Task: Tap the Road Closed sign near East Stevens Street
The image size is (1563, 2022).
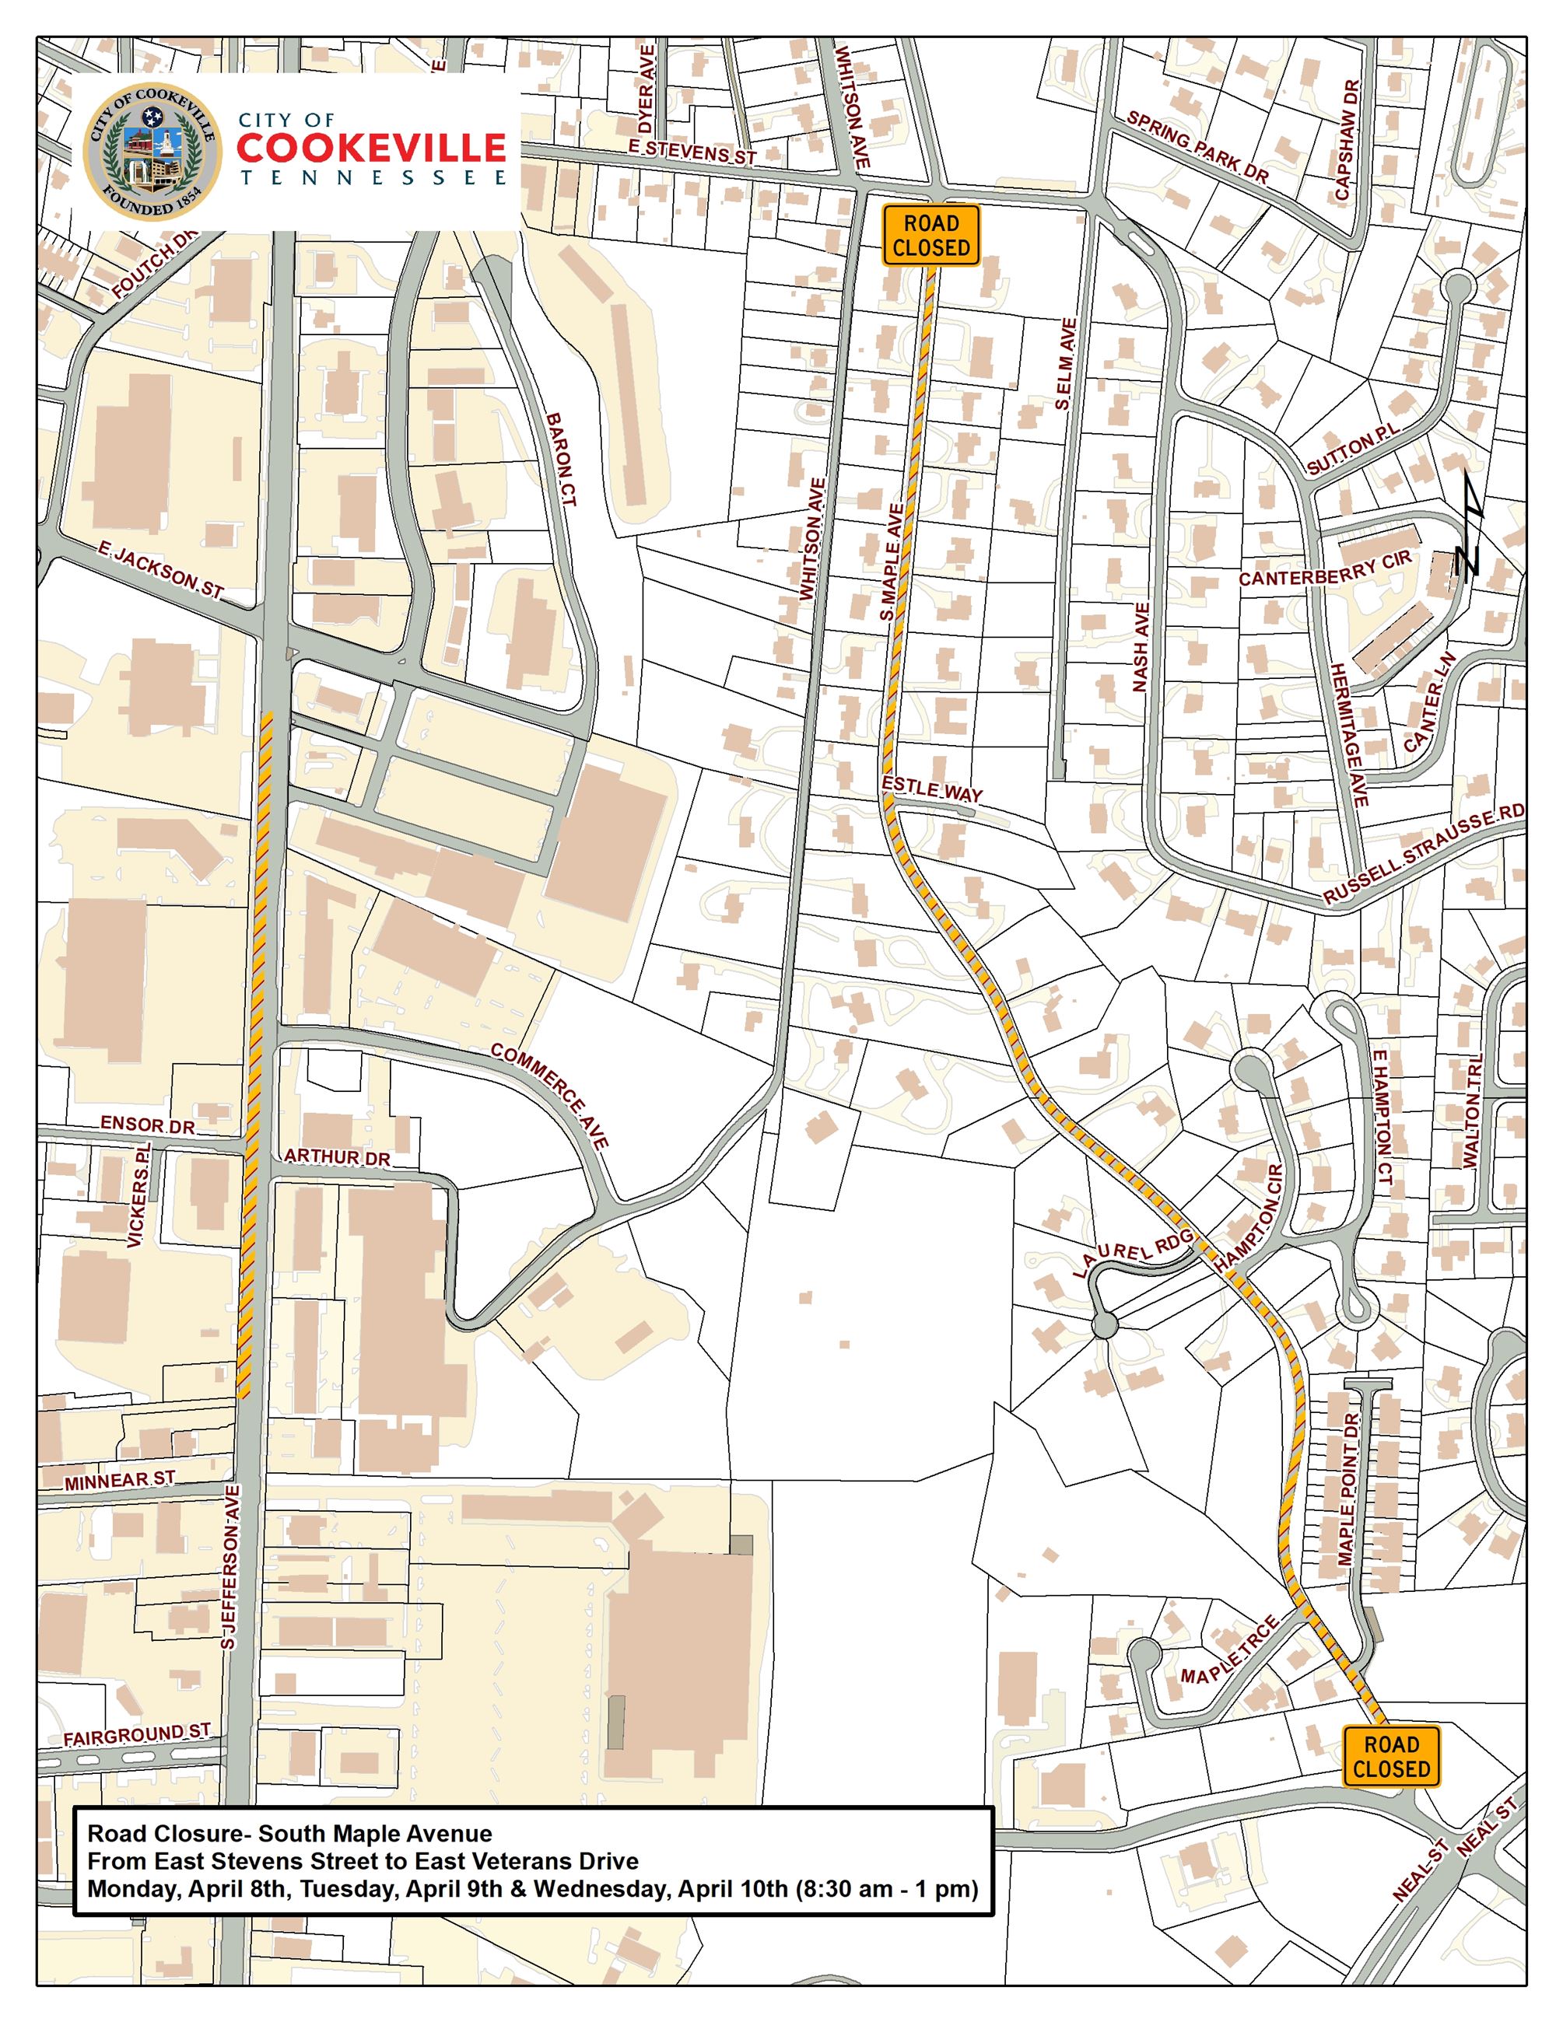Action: pos(930,235)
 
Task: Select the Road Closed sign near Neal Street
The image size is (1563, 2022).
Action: pos(1391,1756)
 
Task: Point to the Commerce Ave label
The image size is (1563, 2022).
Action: pos(550,1097)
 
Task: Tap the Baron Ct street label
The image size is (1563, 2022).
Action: pos(562,458)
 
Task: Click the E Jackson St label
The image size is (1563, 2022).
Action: pos(161,572)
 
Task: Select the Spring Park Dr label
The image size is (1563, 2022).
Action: pos(1197,147)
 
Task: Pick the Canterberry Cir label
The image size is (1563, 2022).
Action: pos(1324,568)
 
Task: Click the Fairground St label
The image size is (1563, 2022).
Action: pos(137,1734)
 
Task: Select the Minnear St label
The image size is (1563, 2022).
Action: pos(120,1481)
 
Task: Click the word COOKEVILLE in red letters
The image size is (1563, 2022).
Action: pos(371,148)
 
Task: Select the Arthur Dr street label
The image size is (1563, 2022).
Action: pos(337,1157)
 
